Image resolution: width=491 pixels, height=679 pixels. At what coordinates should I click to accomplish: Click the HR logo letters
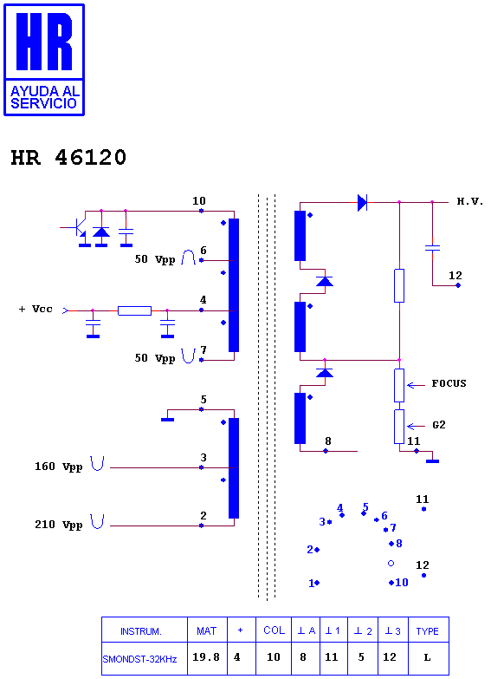44,41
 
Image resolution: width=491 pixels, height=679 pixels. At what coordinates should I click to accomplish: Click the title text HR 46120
68,157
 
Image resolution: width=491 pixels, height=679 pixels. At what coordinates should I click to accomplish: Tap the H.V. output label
470,201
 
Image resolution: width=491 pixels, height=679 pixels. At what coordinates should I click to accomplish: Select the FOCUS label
449,383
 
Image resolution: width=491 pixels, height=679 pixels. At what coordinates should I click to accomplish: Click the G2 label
439,425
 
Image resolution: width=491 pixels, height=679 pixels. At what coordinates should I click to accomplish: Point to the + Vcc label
36,310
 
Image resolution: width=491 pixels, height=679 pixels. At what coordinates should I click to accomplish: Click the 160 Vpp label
58,467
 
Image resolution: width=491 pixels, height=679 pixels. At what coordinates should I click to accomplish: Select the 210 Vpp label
58,525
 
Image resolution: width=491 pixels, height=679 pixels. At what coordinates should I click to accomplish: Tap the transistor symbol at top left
79,227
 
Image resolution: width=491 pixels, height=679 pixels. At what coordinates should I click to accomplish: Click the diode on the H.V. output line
363,202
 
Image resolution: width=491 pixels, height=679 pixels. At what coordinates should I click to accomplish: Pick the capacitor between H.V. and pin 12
432,248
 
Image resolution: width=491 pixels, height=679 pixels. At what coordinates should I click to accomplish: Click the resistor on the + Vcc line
134,310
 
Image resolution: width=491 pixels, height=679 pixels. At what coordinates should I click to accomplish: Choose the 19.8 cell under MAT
206,657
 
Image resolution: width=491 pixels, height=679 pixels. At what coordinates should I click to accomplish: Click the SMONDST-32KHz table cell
139,659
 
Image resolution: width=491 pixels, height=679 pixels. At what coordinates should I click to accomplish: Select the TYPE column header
428,631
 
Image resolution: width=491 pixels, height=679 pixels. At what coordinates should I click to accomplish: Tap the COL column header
275,630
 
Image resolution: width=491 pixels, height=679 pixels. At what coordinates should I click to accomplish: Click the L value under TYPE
428,657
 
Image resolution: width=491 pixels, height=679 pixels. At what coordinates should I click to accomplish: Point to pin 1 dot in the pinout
317,583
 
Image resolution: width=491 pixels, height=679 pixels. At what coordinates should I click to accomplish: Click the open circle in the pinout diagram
391,564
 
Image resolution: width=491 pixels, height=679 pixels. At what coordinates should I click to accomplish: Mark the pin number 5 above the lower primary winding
204,399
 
